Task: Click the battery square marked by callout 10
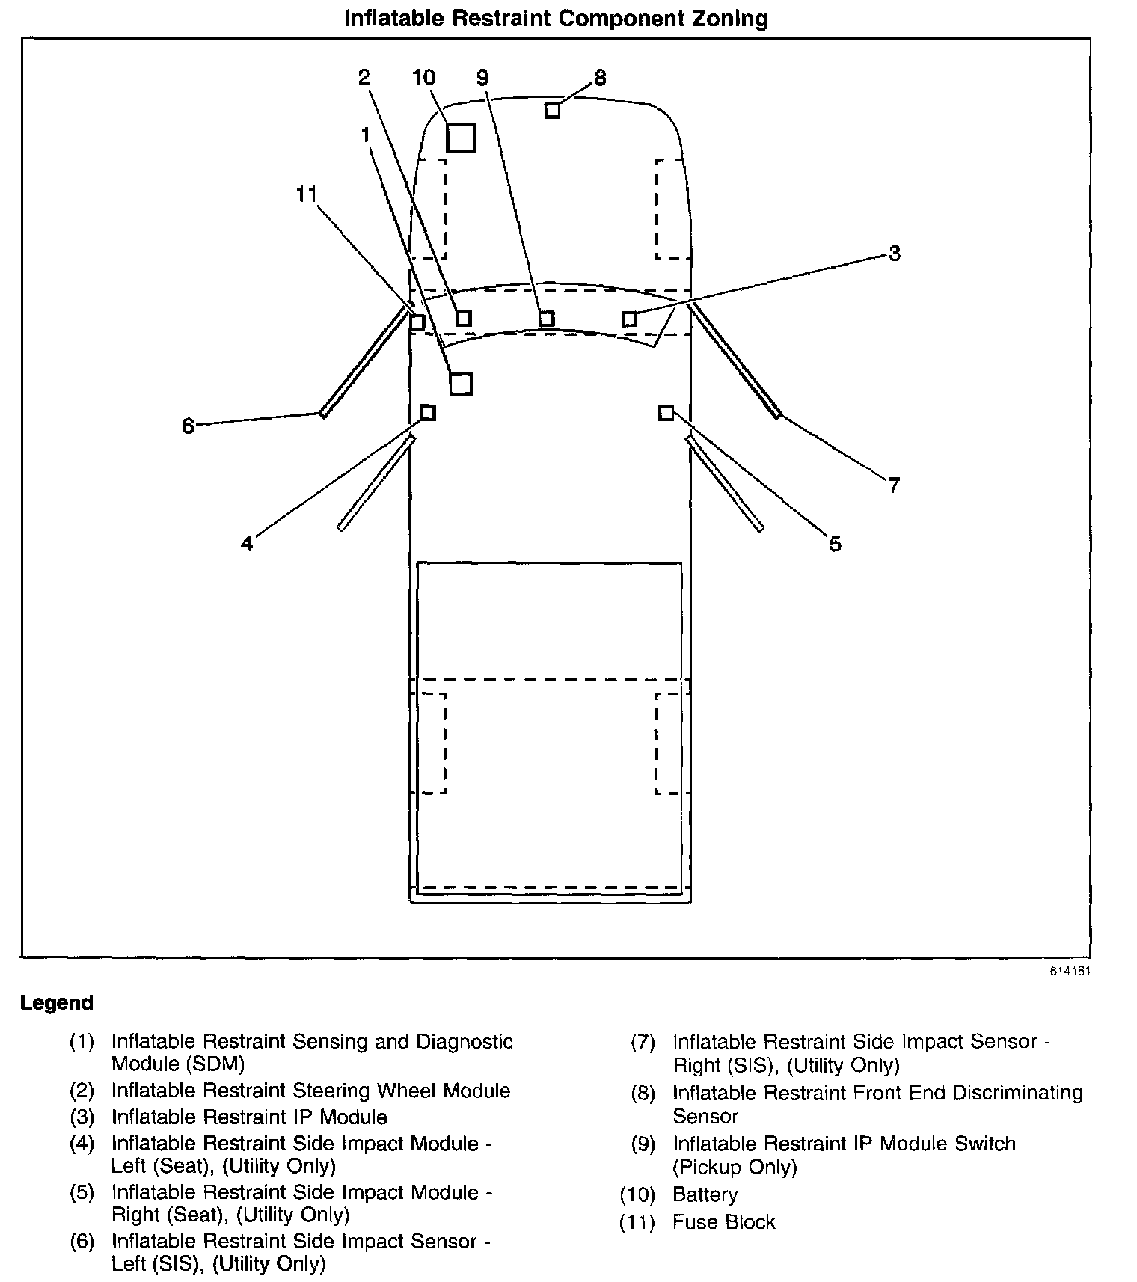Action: (461, 138)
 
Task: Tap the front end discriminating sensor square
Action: (552, 111)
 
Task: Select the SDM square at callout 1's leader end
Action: (461, 384)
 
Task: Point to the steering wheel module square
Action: (464, 319)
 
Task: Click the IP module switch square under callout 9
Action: (547, 319)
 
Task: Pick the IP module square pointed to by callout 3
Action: (630, 319)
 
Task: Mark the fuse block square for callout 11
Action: (417, 322)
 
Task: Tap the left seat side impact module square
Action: (427, 413)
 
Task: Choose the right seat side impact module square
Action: (666, 413)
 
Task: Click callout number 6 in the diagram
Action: (188, 426)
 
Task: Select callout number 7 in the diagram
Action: (894, 486)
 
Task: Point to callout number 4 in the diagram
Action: (247, 544)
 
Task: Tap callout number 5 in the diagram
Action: (836, 545)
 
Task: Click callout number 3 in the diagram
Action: (895, 254)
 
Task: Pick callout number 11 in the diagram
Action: (307, 195)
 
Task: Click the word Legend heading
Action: (57, 1003)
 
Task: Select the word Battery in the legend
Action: (705, 1195)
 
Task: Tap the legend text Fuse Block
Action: (723, 1222)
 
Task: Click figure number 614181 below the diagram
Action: (1070, 971)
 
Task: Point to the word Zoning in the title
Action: (730, 19)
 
